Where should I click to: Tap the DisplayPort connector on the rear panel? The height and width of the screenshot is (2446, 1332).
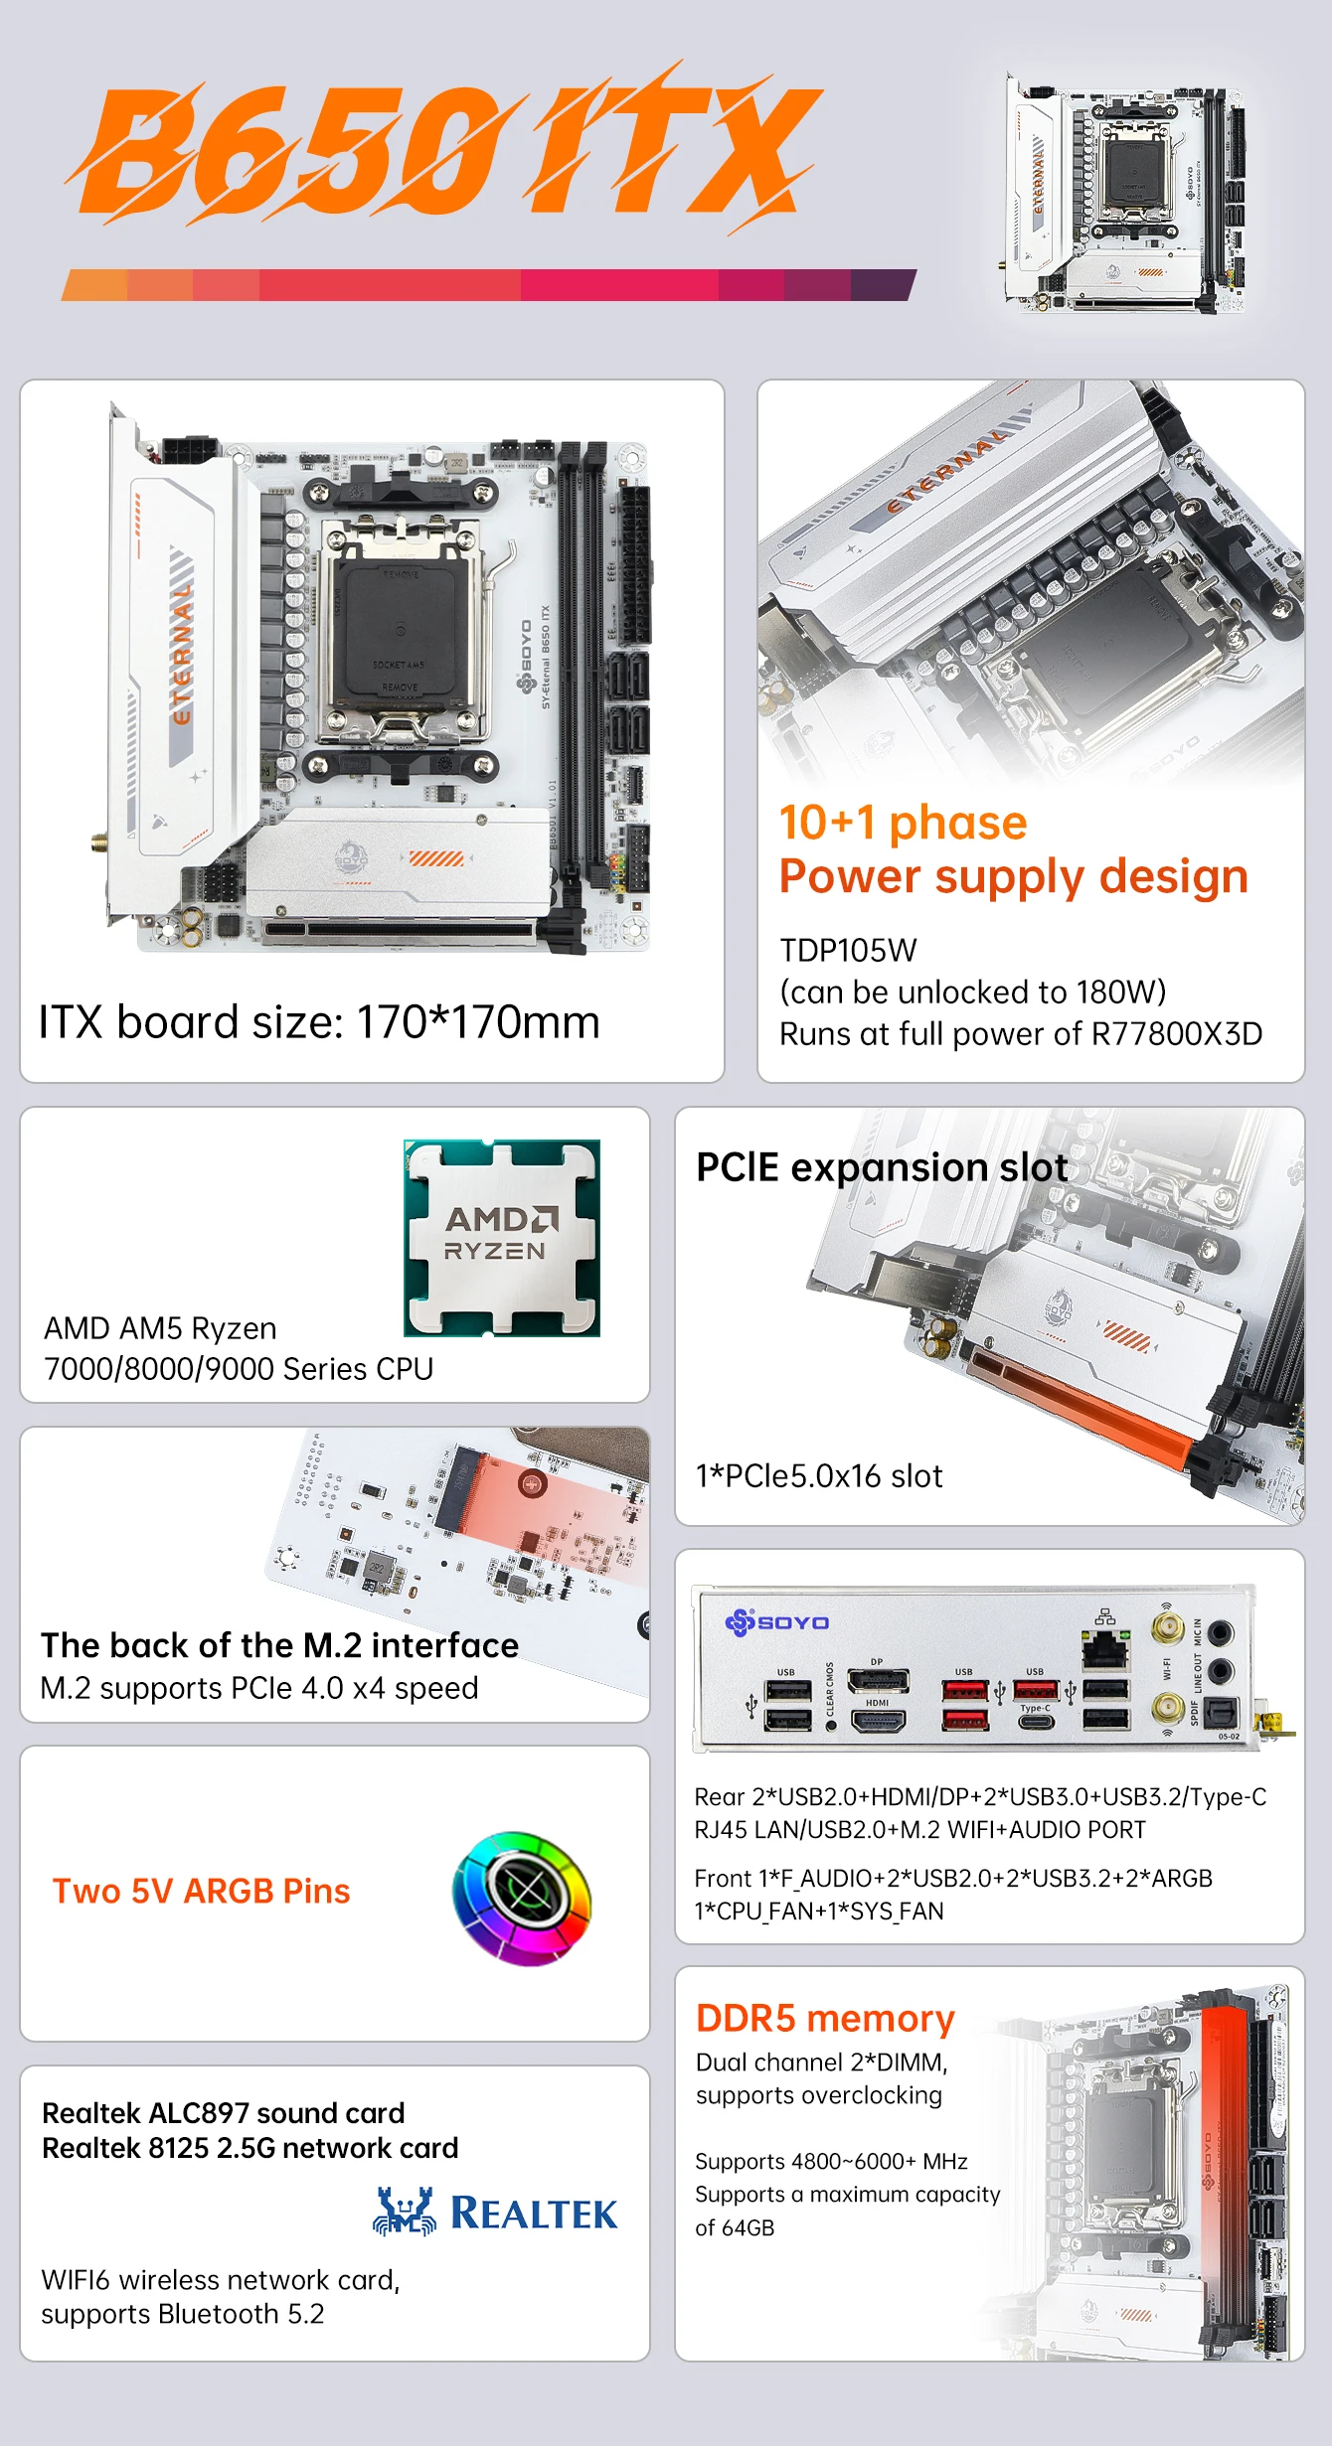pos(878,1681)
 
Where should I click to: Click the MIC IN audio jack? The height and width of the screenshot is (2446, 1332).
pos(1221,1632)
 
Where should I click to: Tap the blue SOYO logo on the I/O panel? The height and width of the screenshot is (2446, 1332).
pos(777,1622)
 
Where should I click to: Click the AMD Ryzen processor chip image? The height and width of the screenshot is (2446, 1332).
pos(502,1238)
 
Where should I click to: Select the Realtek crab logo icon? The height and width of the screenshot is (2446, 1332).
pos(405,2212)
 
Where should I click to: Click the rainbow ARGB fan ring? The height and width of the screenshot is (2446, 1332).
pos(522,1898)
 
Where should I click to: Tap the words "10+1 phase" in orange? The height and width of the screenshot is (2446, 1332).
pos(903,823)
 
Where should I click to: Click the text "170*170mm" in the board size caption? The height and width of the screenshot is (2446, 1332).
pos(478,1022)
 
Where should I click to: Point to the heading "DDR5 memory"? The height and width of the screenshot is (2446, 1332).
pos(825,2018)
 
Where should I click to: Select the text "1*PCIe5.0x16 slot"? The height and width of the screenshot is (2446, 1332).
pos(819,1476)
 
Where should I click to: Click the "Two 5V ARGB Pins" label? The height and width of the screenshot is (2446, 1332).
pos(201,1891)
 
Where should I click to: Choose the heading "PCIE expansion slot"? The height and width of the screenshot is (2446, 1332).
pos(882,1167)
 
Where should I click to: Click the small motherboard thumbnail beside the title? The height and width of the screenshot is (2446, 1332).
pos(1123,194)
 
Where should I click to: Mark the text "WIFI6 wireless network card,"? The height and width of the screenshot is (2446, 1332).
pos(220,2280)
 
